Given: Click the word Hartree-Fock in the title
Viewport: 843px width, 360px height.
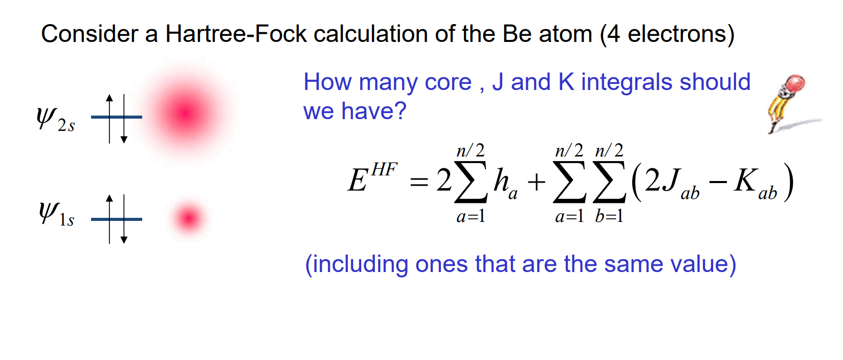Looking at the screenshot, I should [x=235, y=34].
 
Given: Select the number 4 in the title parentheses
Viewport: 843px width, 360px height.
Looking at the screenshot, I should [x=614, y=34].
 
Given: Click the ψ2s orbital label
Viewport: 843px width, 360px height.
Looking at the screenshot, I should [x=55, y=119].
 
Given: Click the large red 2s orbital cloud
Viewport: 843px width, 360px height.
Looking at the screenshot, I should [x=186, y=112].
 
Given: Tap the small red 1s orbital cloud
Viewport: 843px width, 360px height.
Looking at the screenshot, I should [x=188, y=218].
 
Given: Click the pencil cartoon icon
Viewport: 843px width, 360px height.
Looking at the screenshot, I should [x=788, y=102].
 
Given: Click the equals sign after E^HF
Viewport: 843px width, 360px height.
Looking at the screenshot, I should [x=419, y=182].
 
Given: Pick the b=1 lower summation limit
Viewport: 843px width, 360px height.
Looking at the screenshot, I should [x=609, y=216].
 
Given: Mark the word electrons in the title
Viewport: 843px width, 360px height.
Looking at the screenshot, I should [x=676, y=34].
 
